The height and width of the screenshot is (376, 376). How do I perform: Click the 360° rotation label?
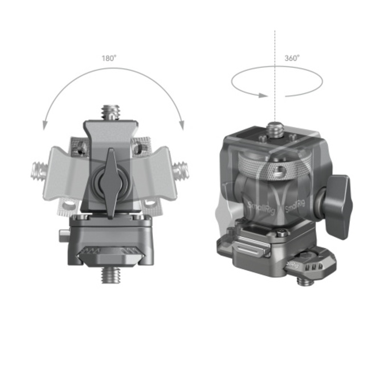point(293,58)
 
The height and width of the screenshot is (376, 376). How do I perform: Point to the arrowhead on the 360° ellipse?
point(261,95)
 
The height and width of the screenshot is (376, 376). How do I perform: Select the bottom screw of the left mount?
point(111,276)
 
